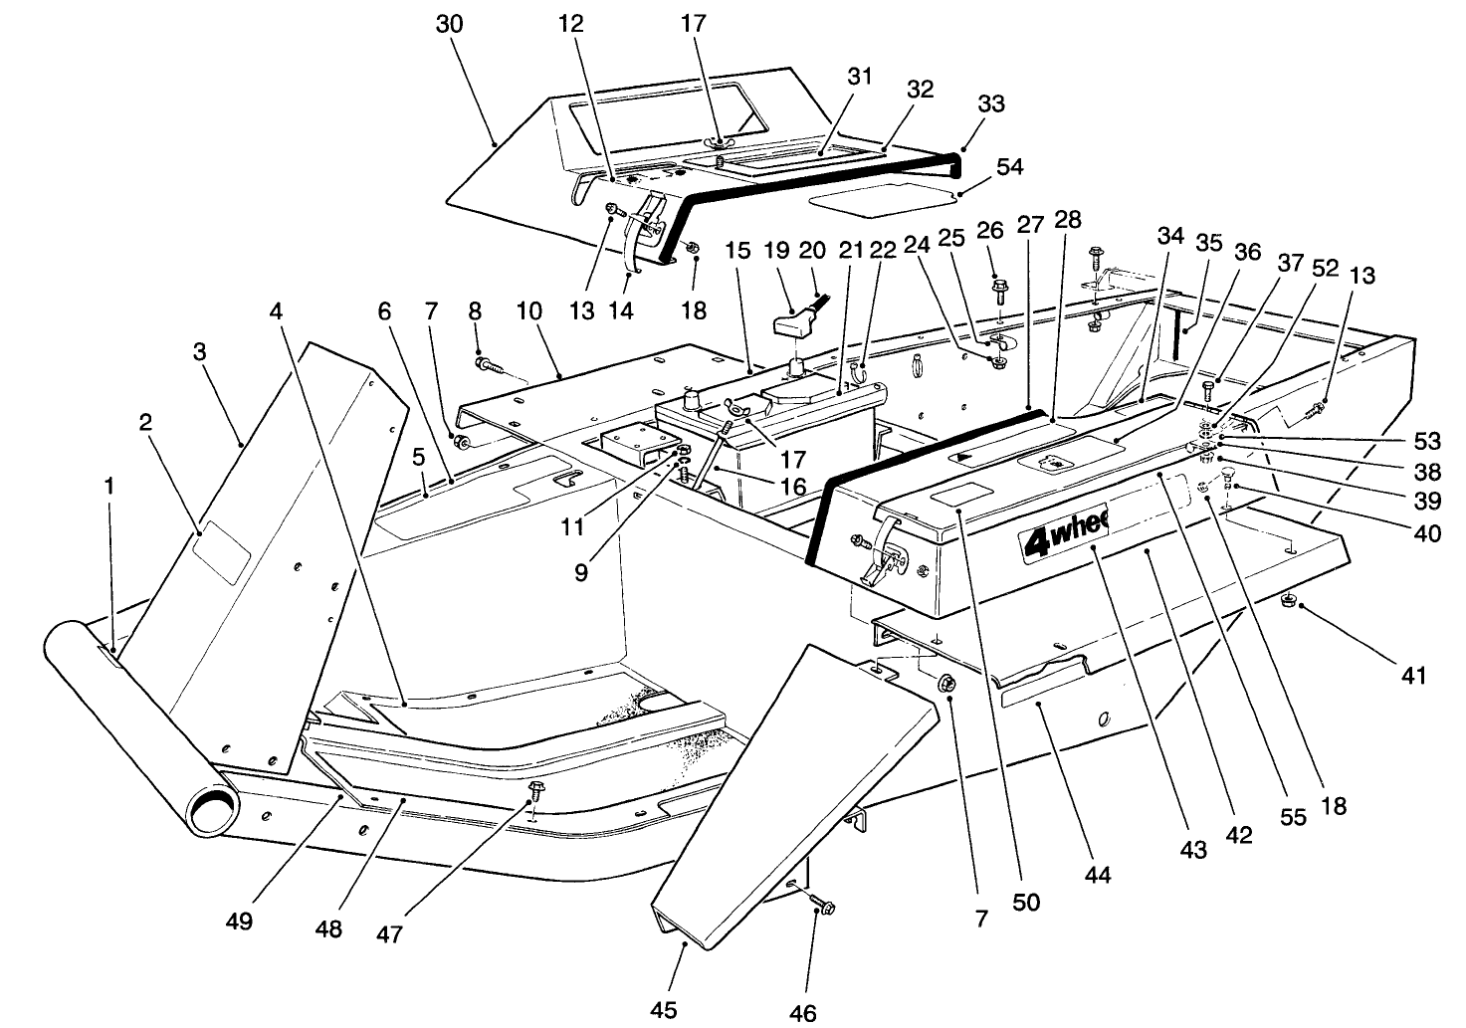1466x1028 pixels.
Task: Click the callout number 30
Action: (450, 25)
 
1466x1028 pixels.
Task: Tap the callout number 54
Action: (1011, 166)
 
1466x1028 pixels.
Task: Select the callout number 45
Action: (664, 1010)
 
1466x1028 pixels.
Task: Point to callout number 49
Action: (239, 921)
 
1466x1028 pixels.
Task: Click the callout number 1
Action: (109, 486)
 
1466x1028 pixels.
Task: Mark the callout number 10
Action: (529, 311)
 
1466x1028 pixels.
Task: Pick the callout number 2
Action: (146, 422)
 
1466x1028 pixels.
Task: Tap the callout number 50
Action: (1026, 902)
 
